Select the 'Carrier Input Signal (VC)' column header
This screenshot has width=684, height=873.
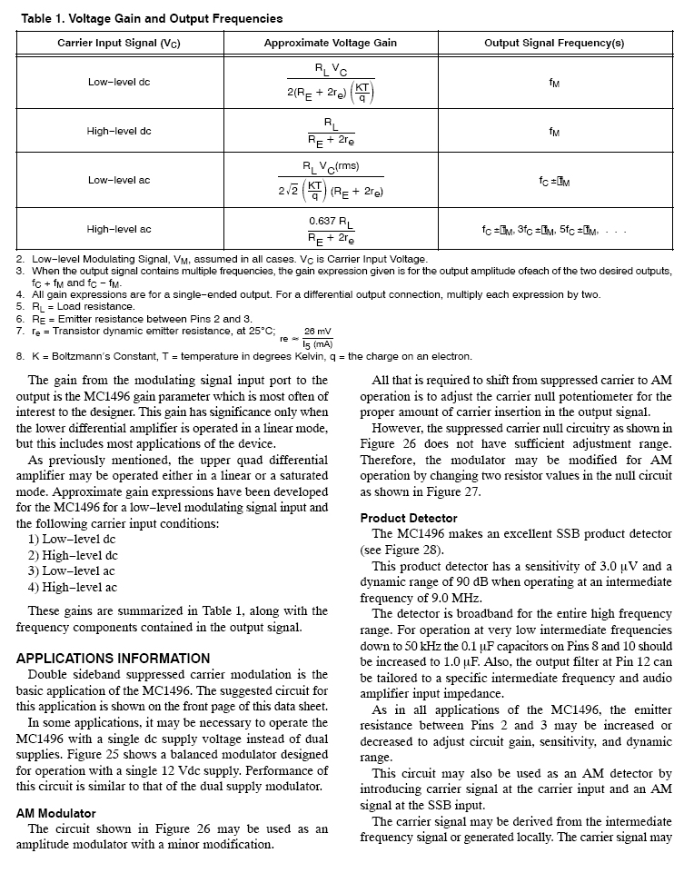click(119, 44)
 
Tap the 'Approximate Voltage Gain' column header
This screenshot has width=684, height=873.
click(330, 44)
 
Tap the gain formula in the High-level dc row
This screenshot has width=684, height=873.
click(331, 132)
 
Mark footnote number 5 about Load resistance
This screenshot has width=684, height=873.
click(21, 306)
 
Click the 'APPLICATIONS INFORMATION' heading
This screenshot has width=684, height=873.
click(114, 659)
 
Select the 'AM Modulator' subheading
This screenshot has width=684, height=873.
click(56, 813)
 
